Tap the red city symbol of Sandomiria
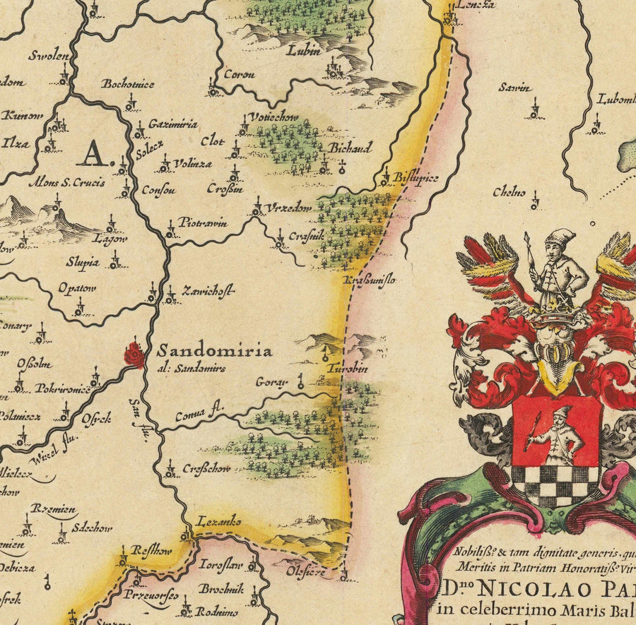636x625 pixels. coord(134,355)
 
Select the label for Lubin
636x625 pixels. coord(303,51)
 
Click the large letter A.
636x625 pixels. coord(93,152)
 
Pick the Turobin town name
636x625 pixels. coord(348,369)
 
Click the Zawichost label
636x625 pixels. coord(208,290)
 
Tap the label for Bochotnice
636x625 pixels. coord(128,83)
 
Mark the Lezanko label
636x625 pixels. coord(219,521)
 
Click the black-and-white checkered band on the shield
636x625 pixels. coord(555,483)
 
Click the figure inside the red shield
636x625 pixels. coord(555,432)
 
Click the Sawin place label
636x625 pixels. coord(514,88)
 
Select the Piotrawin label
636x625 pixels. coord(203,223)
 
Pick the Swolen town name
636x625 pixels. coord(49,56)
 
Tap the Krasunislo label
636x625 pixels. coord(370,280)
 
